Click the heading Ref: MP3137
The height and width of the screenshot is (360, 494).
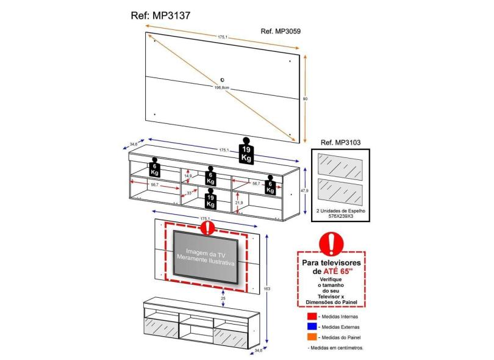(x=161, y=16)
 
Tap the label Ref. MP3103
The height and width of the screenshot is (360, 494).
(x=340, y=142)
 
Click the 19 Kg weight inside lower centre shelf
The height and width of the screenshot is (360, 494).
(x=211, y=201)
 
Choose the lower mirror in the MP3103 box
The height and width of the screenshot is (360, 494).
(x=340, y=191)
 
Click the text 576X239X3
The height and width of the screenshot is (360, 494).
(x=341, y=215)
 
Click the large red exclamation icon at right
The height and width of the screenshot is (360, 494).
(x=331, y=243)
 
